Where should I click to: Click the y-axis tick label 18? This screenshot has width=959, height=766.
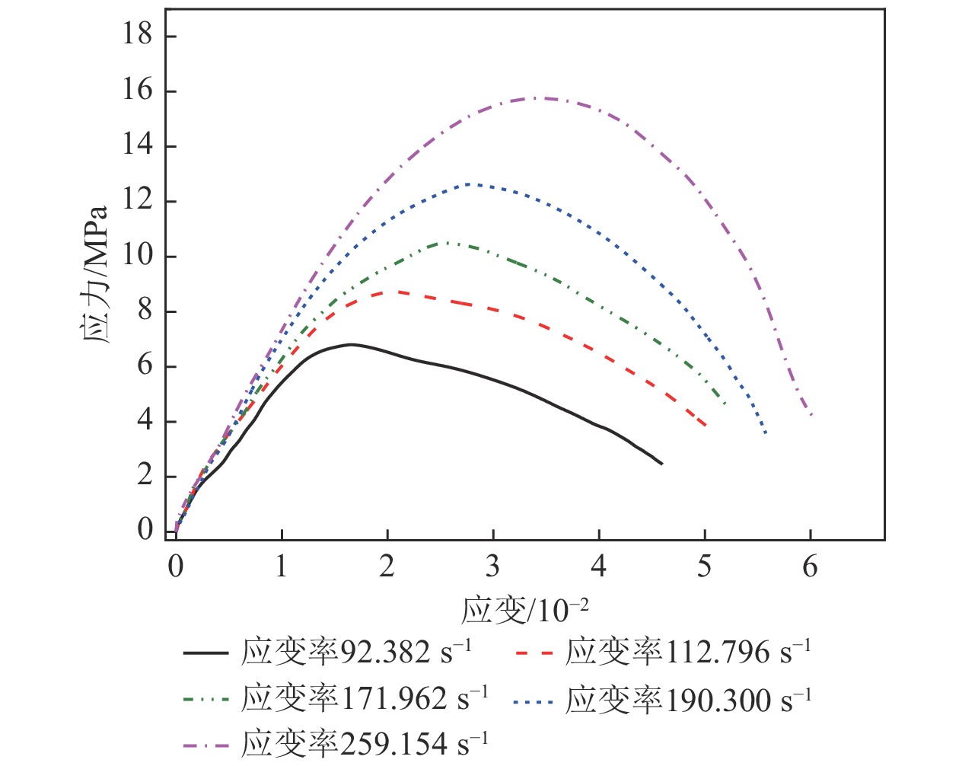[x=138, y=35]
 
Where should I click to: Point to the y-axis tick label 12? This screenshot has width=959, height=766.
[x=138, y=200]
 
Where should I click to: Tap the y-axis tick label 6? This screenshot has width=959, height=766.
[x=145, y=365]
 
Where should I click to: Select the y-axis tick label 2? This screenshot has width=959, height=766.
[x=145, y=475]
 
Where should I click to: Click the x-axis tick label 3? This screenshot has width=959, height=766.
[x=493, y=566]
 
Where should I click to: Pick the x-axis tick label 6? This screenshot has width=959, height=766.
[x=811, y=566]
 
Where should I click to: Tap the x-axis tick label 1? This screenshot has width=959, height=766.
[x=282, y=566]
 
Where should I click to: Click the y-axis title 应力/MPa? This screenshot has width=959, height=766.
[x=94, y=274]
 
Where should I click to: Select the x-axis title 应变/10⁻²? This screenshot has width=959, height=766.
[x=524, y=610]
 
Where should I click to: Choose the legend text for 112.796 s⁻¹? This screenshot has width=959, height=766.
[x=688, y=652]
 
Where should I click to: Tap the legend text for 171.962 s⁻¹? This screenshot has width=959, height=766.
[x=365, y=698]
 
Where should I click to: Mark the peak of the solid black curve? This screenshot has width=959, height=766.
[x=351, y=344]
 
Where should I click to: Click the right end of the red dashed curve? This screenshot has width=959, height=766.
[x=706, y=426]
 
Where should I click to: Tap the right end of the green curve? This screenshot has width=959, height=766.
[x=725, y=404]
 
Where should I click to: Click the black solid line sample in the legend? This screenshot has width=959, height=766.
[x=205, y=653]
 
